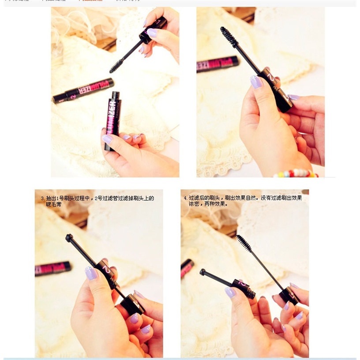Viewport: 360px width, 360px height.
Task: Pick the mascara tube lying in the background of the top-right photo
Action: tap(217, 64)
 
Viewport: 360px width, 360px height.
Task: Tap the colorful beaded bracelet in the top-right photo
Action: tap(295, 173)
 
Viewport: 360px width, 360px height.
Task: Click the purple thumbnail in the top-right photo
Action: tap(256, 81)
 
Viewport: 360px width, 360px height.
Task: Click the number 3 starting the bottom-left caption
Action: tap(43, 199)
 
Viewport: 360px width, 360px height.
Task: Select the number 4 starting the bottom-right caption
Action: tap(186, 198)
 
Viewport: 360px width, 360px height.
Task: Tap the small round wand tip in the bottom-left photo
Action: tap(69, 238)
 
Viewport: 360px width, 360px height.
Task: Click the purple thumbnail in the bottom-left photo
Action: tap(91, 273)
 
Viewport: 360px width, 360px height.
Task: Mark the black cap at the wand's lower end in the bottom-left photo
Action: tap(132, 304)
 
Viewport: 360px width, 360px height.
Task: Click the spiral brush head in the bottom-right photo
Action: tap(244, 243)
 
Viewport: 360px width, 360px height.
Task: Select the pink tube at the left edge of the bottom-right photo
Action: tap(187, 268)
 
